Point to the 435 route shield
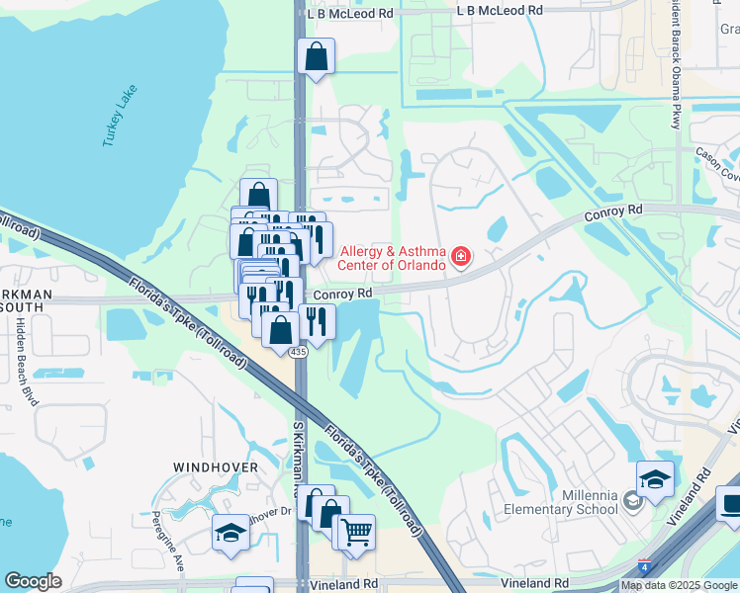point(297,352)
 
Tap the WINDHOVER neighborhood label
point(216,466)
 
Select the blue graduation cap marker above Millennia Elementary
point(655,479)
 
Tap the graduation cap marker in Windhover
point(231,533)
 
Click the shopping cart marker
point(356,533)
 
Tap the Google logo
point(33,581)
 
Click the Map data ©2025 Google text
point(678,585)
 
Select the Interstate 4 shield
point(645,567)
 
